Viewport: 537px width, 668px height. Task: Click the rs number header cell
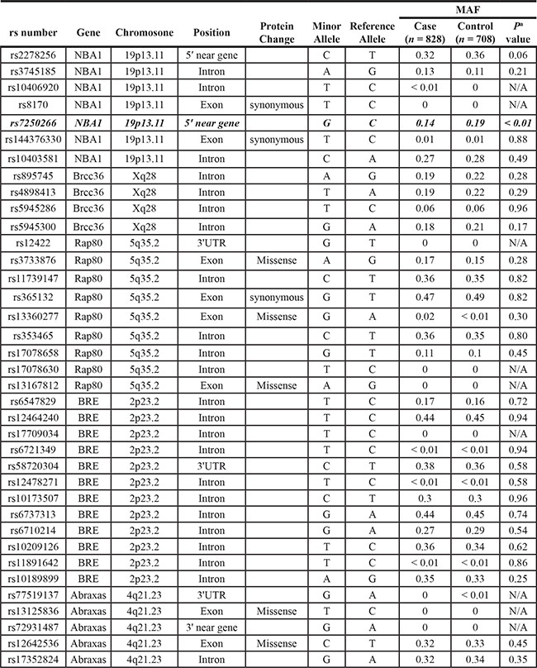(x=34, y=32)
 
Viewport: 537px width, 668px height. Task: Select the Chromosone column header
(x=145, y=32)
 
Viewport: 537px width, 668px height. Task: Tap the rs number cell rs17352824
(x=34, y=659)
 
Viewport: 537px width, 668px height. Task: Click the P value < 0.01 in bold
(x=521, y=122)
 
